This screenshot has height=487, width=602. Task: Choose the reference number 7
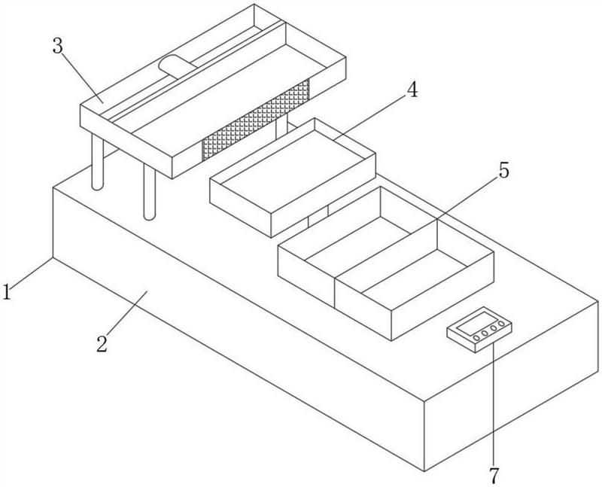494,476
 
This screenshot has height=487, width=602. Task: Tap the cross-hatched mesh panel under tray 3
256,124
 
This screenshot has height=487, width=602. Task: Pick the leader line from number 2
128,315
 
